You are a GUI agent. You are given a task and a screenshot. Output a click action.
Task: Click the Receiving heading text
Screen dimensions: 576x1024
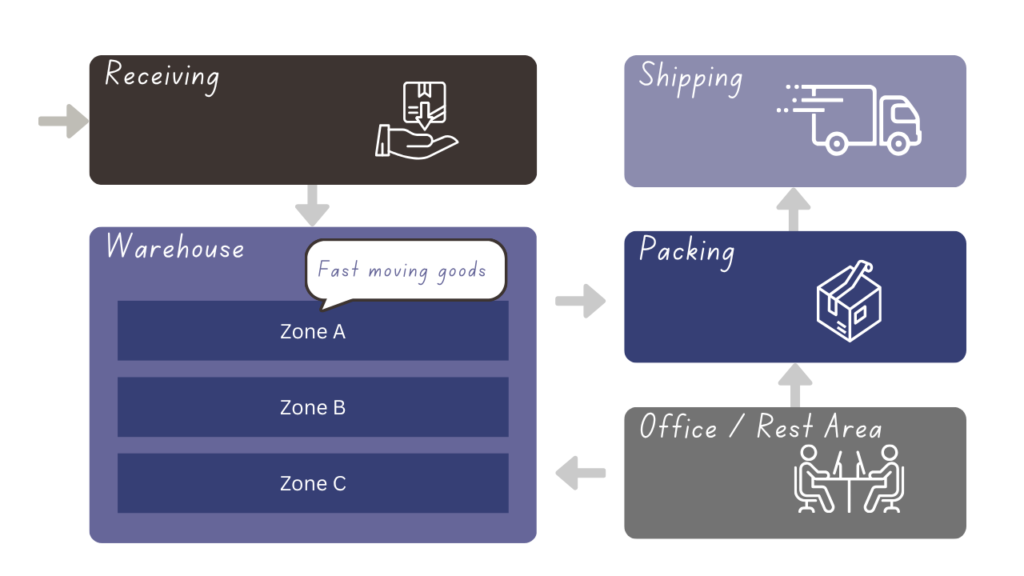(x=162, y=76)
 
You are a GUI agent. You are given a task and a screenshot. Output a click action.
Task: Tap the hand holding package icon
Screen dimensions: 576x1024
(x=416, y=120)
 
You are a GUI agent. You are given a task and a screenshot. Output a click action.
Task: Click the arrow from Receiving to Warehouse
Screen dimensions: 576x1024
(x=312, y=206)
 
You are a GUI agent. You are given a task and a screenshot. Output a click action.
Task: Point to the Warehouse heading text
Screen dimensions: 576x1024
(x=175, y=247)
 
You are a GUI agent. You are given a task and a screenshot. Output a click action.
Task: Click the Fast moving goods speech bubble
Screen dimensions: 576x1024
(x=406, y=270)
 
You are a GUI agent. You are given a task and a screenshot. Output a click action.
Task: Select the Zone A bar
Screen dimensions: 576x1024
(x=313, y=331)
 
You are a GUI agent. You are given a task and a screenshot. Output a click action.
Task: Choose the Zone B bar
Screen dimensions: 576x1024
(x=313, y=407)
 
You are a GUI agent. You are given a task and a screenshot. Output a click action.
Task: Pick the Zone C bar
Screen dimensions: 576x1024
(x=313, y=483)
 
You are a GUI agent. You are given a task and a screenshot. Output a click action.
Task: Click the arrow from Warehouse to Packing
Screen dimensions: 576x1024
(x=581, y=301)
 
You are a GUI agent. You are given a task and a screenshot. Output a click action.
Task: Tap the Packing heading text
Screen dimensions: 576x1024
(x=686, y=251)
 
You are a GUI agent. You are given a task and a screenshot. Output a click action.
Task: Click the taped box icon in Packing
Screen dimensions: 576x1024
(x=848, y=301)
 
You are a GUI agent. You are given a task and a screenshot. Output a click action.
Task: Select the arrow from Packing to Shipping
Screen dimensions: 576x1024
(x=794, y=210)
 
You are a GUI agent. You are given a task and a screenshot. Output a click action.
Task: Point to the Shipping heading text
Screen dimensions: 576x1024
(x=690, y=78)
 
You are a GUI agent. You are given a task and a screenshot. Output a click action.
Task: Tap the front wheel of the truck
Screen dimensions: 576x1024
(x=898, y=144)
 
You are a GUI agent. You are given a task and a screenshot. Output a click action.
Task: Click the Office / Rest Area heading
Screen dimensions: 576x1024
(x=760, y=427)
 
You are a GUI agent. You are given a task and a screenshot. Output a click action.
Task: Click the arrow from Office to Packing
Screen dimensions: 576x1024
(x=794, y=386)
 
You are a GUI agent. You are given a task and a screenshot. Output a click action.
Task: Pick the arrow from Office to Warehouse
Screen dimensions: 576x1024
(x=581, y=473)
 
